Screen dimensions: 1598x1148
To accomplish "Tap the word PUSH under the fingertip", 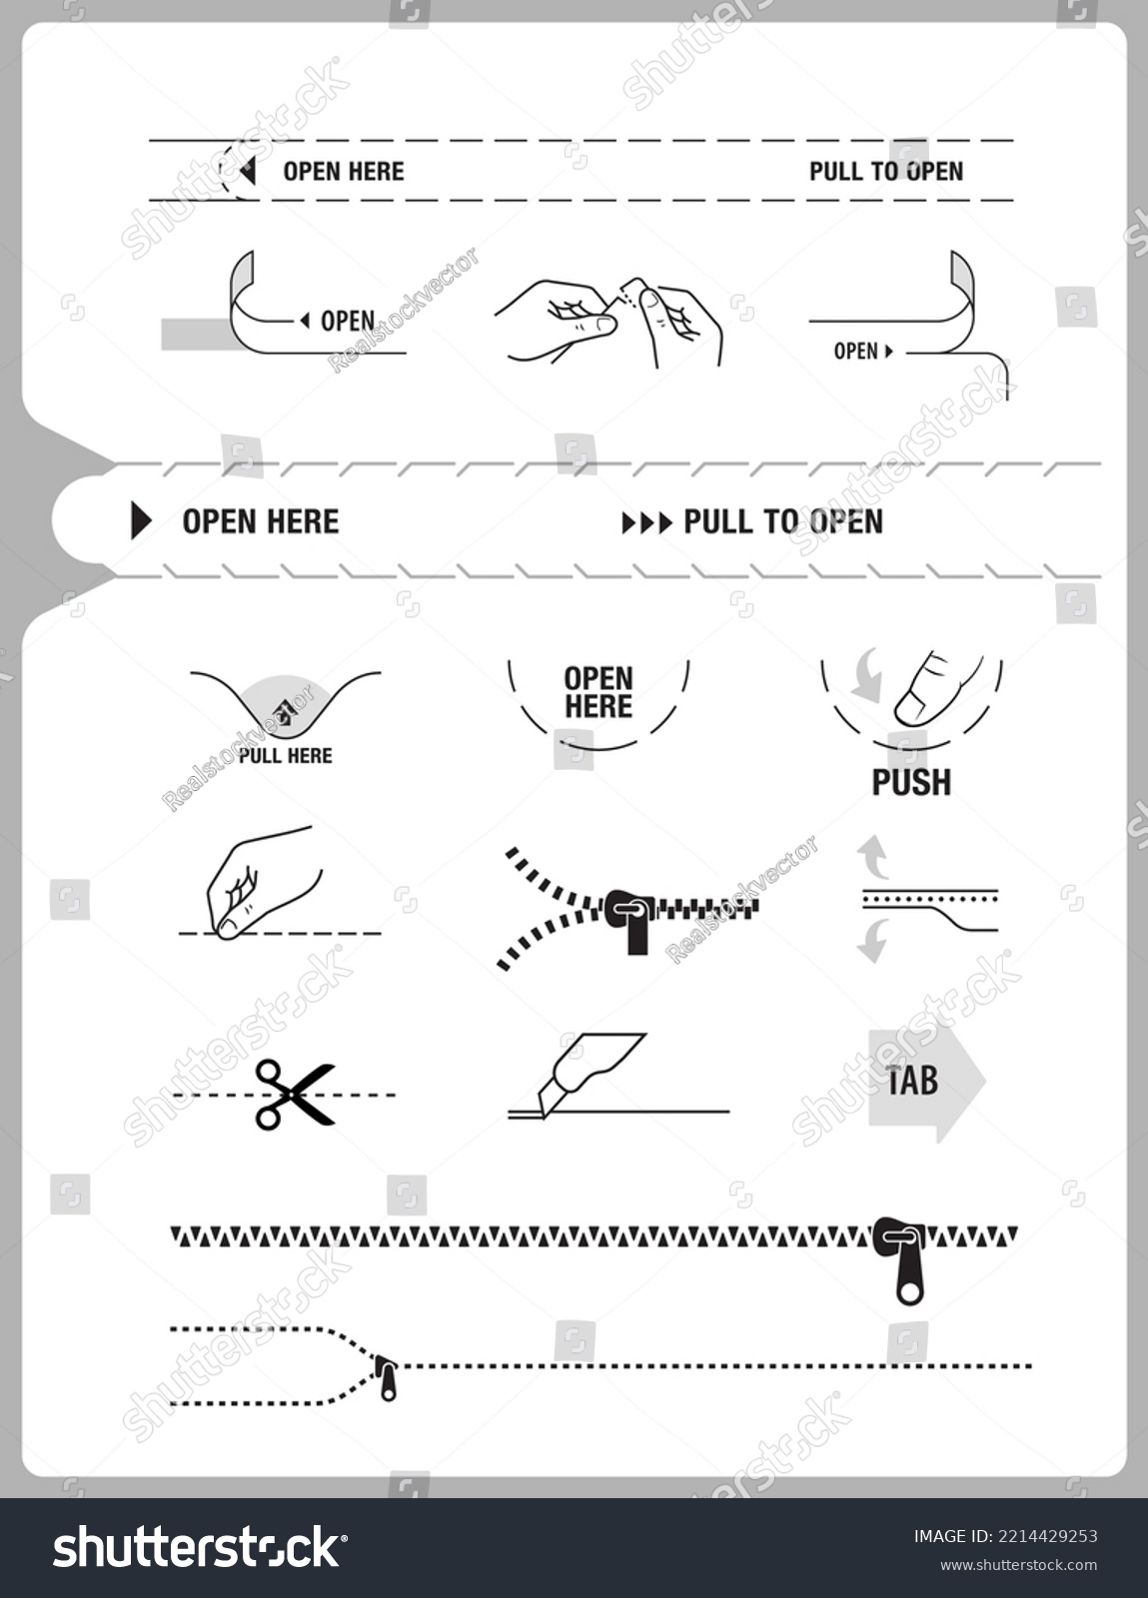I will coord(911,783).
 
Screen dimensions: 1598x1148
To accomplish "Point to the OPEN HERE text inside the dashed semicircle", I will coord(598,693).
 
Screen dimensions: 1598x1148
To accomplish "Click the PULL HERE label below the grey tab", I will coord(286,756).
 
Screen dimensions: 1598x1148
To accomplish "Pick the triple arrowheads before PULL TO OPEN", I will coord(647,523).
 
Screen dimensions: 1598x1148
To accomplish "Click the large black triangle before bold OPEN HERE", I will coord(141,521).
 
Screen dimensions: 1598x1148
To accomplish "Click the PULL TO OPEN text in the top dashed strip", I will coord(886,171).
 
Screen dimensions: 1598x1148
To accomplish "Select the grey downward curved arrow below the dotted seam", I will coord(872,941).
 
